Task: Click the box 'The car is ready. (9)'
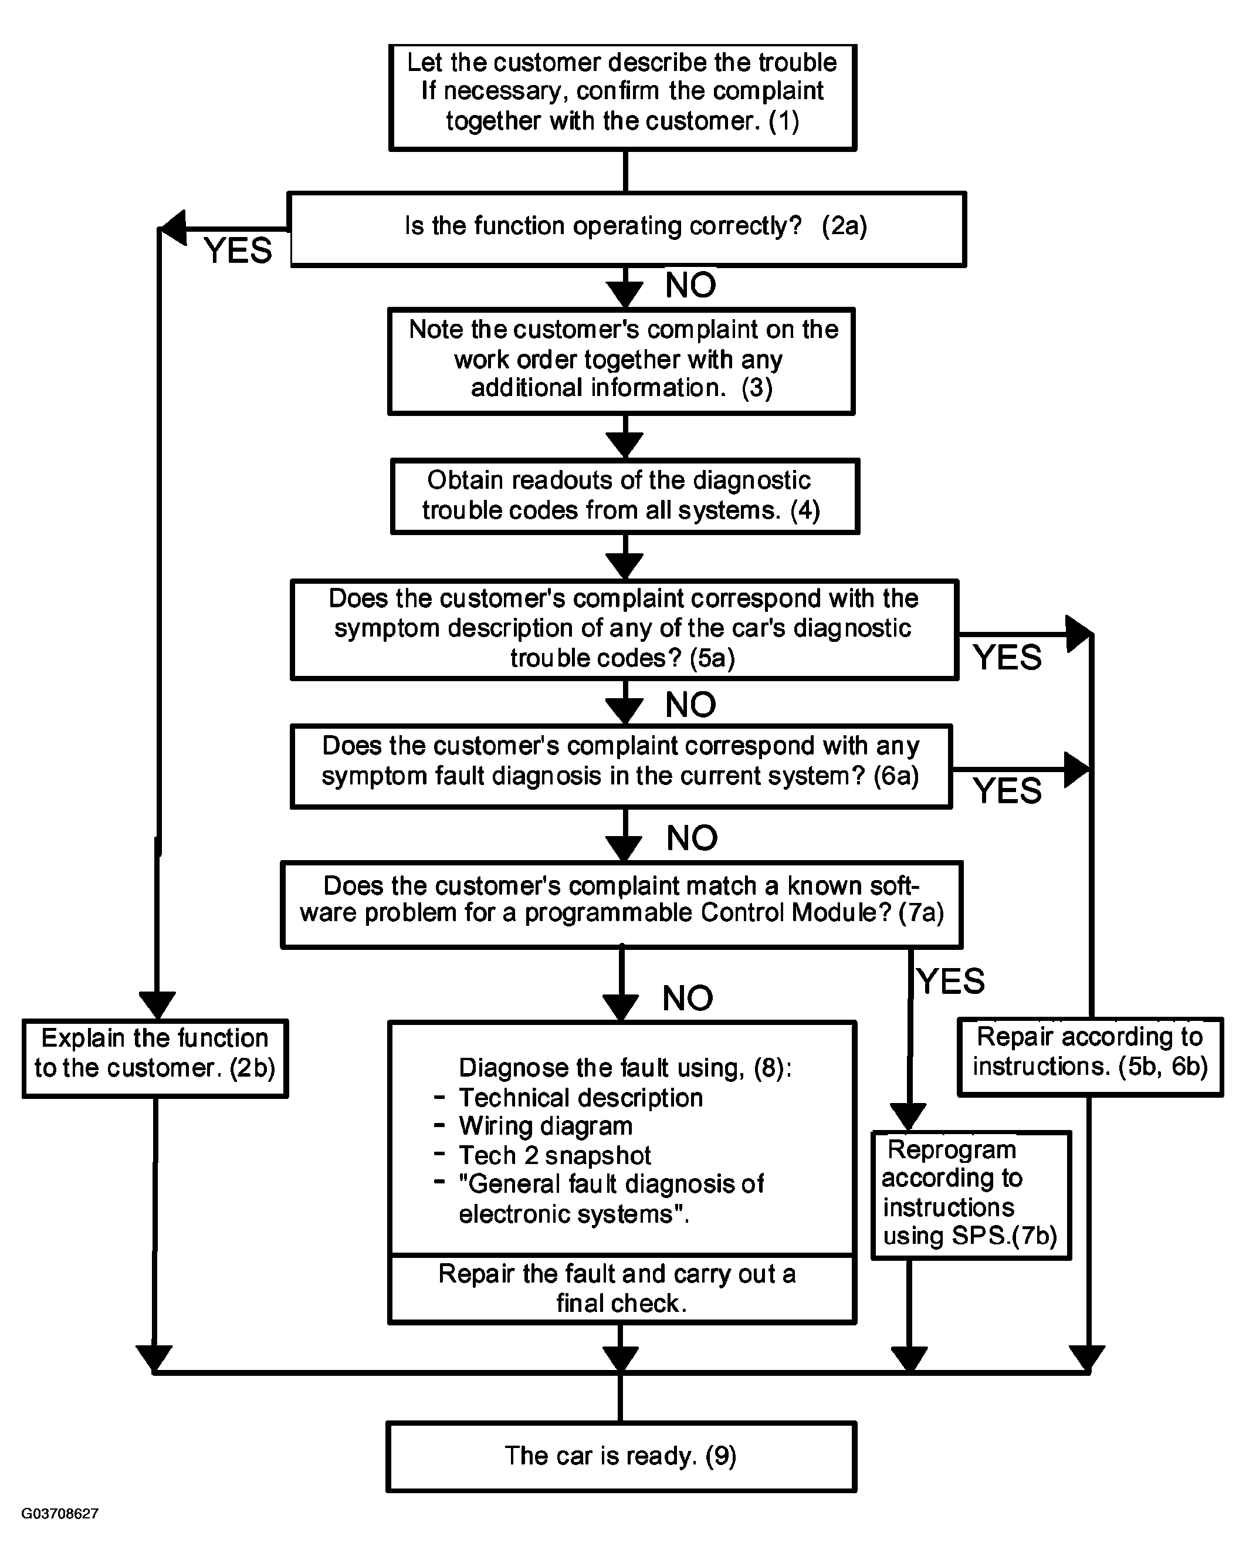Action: pyautogui.click(x=621, y=1456)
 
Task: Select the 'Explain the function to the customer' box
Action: pyautogui.click(x=155, y=1058)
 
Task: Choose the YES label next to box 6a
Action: pyautogui.click(x=1007, y=790)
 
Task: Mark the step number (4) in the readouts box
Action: pyautogui.click(x=805, y=510)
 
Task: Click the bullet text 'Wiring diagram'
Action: pyautogui.click(x=546, y=1126)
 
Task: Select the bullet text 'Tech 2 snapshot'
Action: pyautogui.click(x=555, y=1155)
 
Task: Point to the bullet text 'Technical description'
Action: pyautogui.click(x=581, y=1098)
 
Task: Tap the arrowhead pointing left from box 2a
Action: pyautogui.click(x=172, y=229)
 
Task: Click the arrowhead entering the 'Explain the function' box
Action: pyautogui.click(x=157, y=1006)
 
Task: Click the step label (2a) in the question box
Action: pyautogui.click(x=844, y=226)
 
